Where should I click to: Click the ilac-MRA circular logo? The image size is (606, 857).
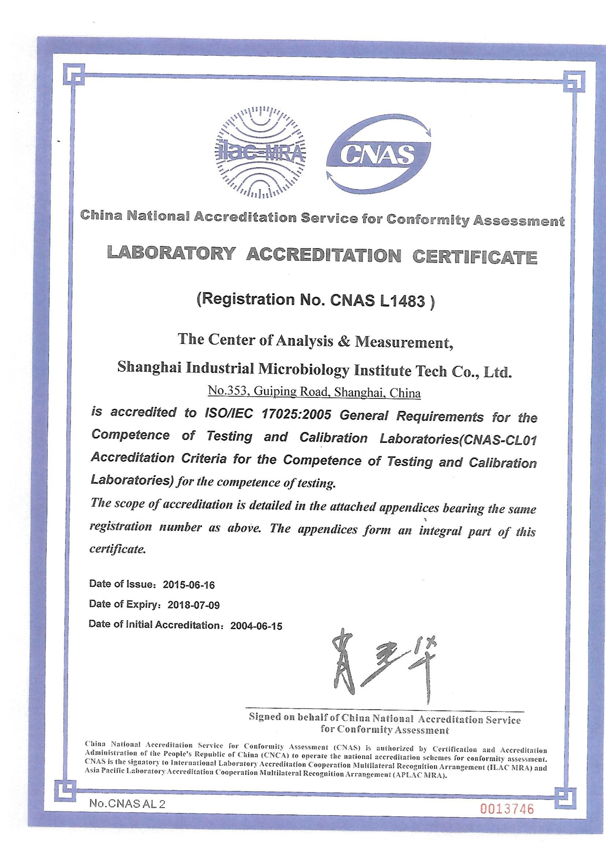260,153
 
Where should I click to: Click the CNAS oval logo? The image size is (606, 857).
378,154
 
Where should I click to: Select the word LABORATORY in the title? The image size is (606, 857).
171,253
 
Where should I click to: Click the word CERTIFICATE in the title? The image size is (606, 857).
474,257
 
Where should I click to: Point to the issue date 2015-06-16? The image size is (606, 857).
188,585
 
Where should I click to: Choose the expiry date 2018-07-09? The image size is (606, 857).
193,605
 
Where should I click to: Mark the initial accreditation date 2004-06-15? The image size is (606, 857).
256,626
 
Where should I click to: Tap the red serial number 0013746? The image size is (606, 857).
507,809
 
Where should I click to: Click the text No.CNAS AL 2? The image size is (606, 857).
127,804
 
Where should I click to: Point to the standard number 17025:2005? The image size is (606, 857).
296,415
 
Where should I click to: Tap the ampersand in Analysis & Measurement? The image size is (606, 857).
344,341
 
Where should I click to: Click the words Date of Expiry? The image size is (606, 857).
124,604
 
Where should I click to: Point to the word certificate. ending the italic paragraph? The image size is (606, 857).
118,549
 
